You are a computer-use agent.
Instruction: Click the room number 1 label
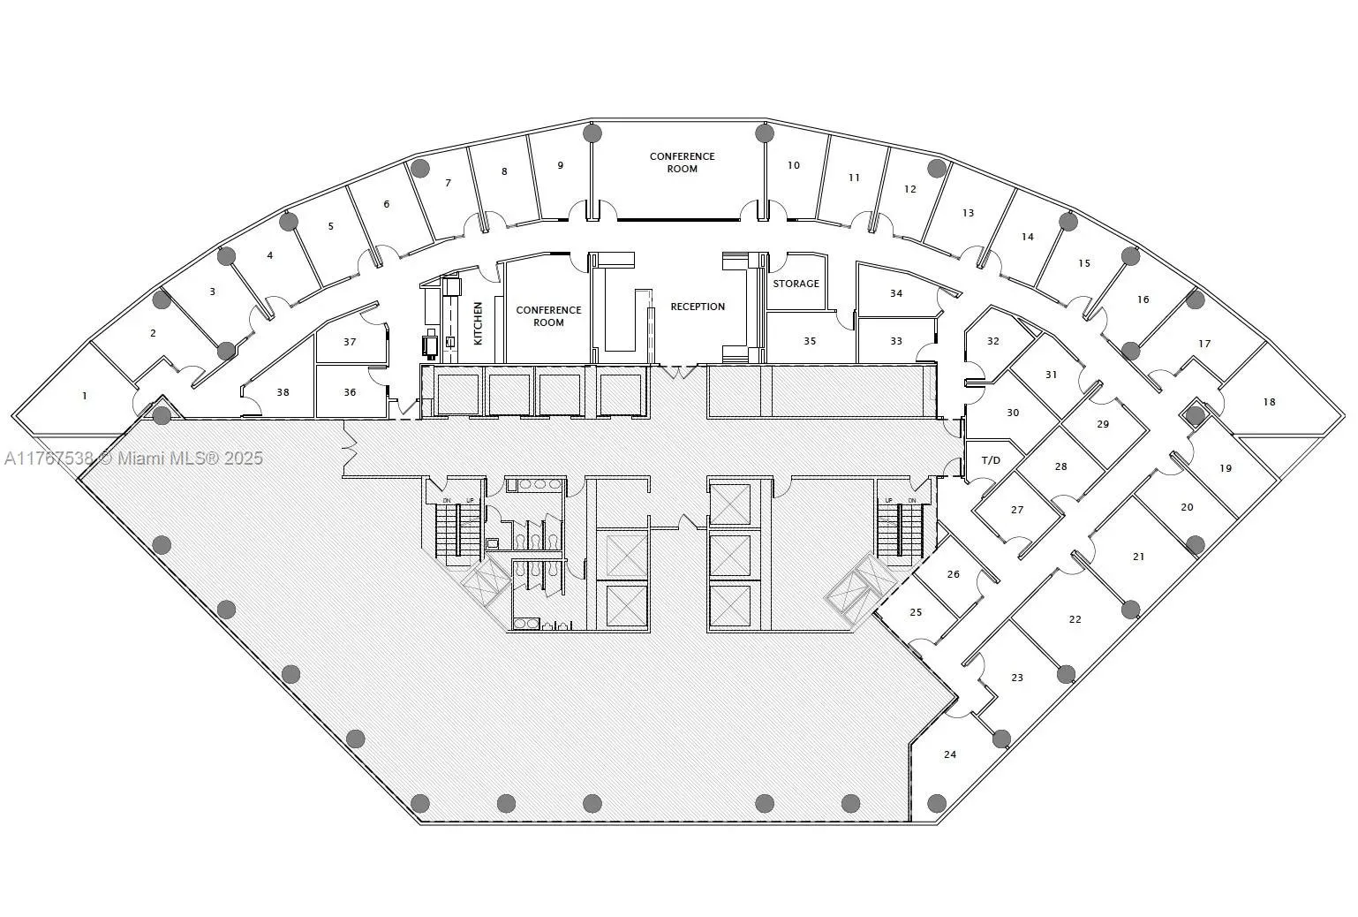click(x=85, y=396)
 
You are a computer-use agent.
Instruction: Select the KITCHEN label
click(x=478, y=322)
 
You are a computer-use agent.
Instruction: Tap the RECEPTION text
click(x=698, y=307)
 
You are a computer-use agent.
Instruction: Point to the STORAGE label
click(x=796, y=284)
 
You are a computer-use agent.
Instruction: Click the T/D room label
click(x=992, y=460)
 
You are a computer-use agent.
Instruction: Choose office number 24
click(x=950, y=754)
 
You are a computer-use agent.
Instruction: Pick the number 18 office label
click(x=1269, y=402)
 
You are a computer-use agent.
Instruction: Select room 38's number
click(x=283, y=392)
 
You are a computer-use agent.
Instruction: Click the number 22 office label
click(x=1075, y=619)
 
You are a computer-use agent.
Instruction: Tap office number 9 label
click(x=560, y=165)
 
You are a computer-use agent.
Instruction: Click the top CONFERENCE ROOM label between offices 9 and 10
click(x=682, y=163)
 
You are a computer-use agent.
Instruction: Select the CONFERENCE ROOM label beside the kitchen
click(x=548, y=316)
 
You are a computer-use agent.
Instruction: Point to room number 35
click(x=810, y=341)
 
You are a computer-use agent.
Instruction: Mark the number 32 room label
click(x=992, y=341)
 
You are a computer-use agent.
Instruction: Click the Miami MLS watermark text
click(x=132, y=458)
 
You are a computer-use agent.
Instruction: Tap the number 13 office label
click(x=968, y=213)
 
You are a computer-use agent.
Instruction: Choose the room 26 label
click(x=953, y=574)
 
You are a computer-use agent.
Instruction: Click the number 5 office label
click(x=331, y=226)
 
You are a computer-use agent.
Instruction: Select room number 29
click(x=1103, y=424)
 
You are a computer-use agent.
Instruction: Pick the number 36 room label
click(x=350, y=392)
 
